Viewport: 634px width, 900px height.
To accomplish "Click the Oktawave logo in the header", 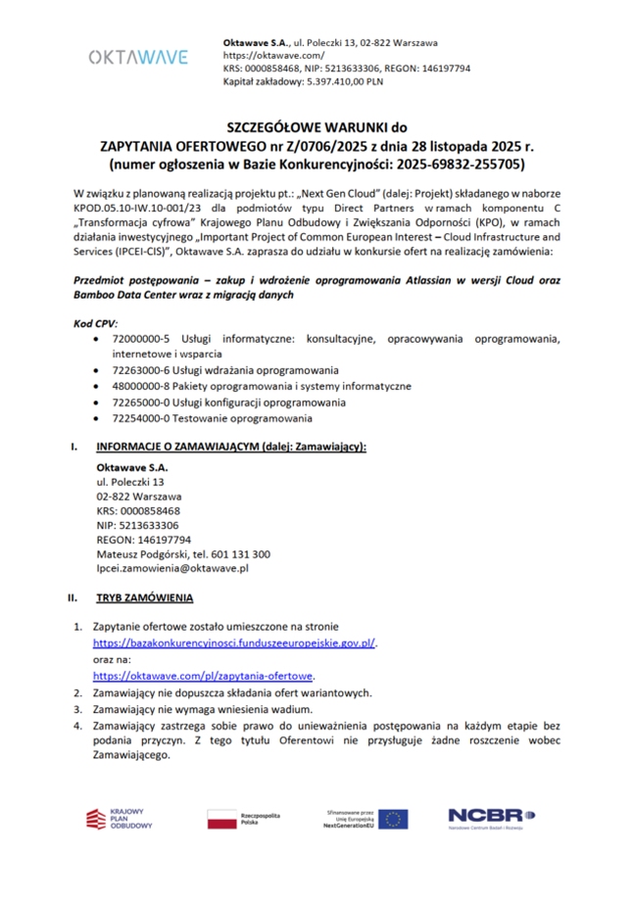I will click(x=138, y=57).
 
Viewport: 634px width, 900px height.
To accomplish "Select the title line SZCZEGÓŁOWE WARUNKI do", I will click(x=316, y=127).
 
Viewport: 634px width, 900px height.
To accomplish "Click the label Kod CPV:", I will click(x=95, y=321).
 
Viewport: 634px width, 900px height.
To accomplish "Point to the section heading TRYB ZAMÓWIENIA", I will click(x=144, y=596).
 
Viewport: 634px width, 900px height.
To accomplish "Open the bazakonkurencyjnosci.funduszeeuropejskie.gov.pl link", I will click(x=234, y=642).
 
